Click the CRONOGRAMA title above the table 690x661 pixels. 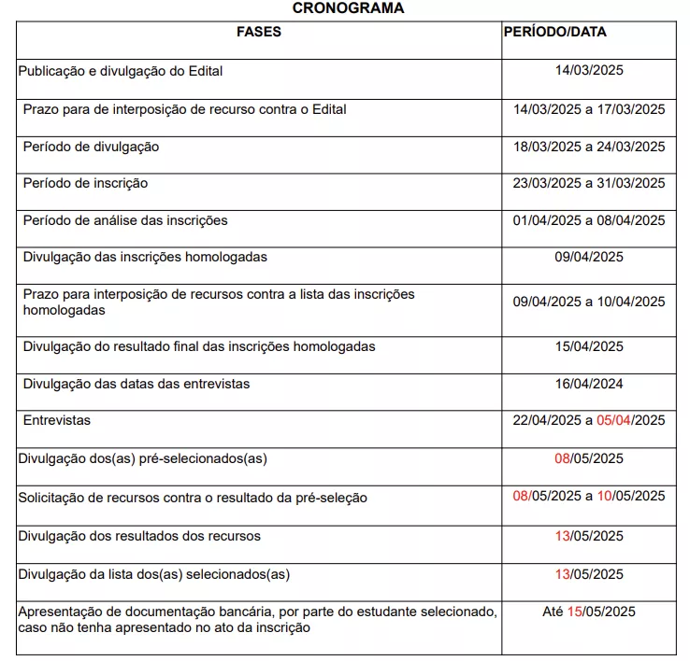(348, 8)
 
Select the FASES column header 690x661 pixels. (259, 32)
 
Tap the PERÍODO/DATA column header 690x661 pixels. (554, 32)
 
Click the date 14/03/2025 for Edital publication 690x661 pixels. (589, 70)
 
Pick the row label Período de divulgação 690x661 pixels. (91, 147)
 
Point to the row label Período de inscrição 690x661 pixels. (85, 183)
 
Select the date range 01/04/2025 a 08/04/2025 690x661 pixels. (589, 221)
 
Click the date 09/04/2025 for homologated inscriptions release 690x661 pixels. (589, 257)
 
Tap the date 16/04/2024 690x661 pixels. (589, 384)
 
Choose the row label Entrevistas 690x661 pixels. (57, 420)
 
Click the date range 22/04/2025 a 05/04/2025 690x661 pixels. (589, 420)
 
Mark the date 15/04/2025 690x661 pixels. (589, 346)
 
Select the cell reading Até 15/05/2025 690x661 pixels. (589, 612)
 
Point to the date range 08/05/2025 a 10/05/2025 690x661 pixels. (589, 496)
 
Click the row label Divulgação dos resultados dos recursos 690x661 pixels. (139, 536)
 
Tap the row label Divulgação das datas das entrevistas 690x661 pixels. (137, 384)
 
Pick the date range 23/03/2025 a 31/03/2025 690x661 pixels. (589, 183)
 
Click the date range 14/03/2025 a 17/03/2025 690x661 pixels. (589, 109)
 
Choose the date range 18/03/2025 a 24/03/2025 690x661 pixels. (589, 147)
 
